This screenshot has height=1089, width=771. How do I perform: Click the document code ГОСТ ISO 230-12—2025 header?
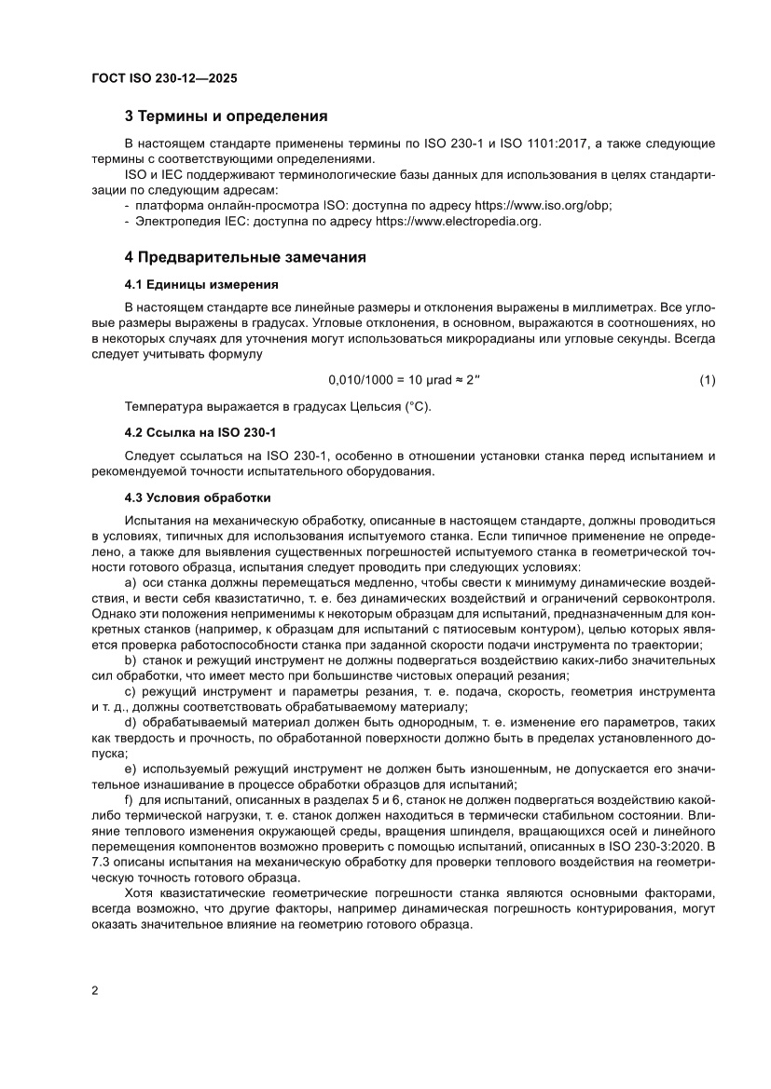(x=164, y=79)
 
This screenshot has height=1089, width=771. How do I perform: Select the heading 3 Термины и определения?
(x=226, y=116)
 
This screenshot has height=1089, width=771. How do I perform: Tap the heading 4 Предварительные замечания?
(x=245, y=256)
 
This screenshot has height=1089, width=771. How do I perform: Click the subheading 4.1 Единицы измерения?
(x=200, y=284)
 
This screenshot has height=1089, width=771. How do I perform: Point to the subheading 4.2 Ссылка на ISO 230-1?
(x=200, y=433)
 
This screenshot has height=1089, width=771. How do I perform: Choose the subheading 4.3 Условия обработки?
(x=198, y=497)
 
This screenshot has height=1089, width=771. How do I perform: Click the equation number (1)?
(x=707, y=380)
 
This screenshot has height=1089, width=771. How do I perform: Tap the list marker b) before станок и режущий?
(x=131, y=660)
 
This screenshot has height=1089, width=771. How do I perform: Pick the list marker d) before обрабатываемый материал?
(x=131, y=722)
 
